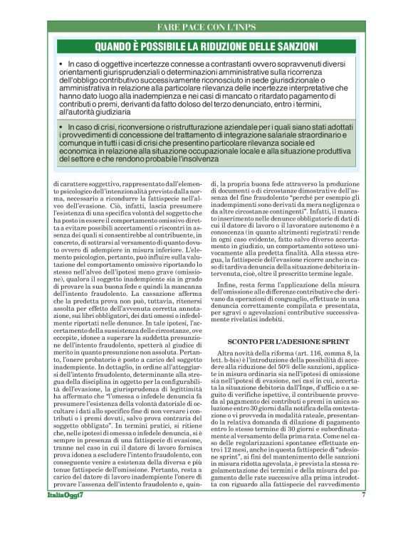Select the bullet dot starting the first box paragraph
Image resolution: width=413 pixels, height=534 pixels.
62,65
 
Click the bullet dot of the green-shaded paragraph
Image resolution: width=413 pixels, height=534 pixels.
62,127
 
